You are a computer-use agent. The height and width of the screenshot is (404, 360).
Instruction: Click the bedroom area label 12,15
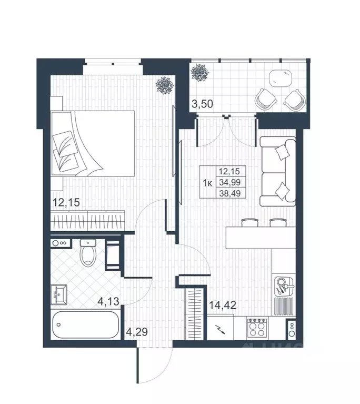66,202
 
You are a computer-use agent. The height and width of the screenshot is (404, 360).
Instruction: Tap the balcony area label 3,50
203,104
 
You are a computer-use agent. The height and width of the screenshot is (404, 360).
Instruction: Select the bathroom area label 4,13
108,301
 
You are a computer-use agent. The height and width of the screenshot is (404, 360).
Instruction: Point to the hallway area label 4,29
137,332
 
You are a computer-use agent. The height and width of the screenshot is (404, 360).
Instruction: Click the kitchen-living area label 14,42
223,306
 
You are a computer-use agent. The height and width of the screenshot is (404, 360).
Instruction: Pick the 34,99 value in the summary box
230,182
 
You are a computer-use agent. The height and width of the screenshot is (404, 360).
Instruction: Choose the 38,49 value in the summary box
230,193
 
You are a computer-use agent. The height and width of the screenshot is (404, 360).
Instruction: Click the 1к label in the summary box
207,183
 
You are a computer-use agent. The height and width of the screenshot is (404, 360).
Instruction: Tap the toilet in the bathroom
88,252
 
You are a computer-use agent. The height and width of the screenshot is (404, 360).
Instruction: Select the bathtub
85,324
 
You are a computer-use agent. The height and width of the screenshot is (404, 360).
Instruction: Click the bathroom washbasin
59,295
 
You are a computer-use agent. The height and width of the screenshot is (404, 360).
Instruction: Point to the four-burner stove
257,328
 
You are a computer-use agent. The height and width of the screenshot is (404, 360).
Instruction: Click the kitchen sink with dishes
284,286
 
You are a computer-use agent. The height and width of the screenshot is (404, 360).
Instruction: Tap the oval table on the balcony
281,78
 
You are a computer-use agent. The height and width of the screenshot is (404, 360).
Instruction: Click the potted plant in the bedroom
165,85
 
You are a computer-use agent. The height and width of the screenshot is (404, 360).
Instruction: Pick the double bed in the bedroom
93,143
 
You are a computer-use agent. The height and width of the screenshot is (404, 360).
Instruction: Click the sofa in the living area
277,171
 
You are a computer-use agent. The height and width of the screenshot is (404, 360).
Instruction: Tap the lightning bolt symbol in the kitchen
220,329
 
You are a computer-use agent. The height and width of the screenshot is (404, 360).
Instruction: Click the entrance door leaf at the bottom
138,364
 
